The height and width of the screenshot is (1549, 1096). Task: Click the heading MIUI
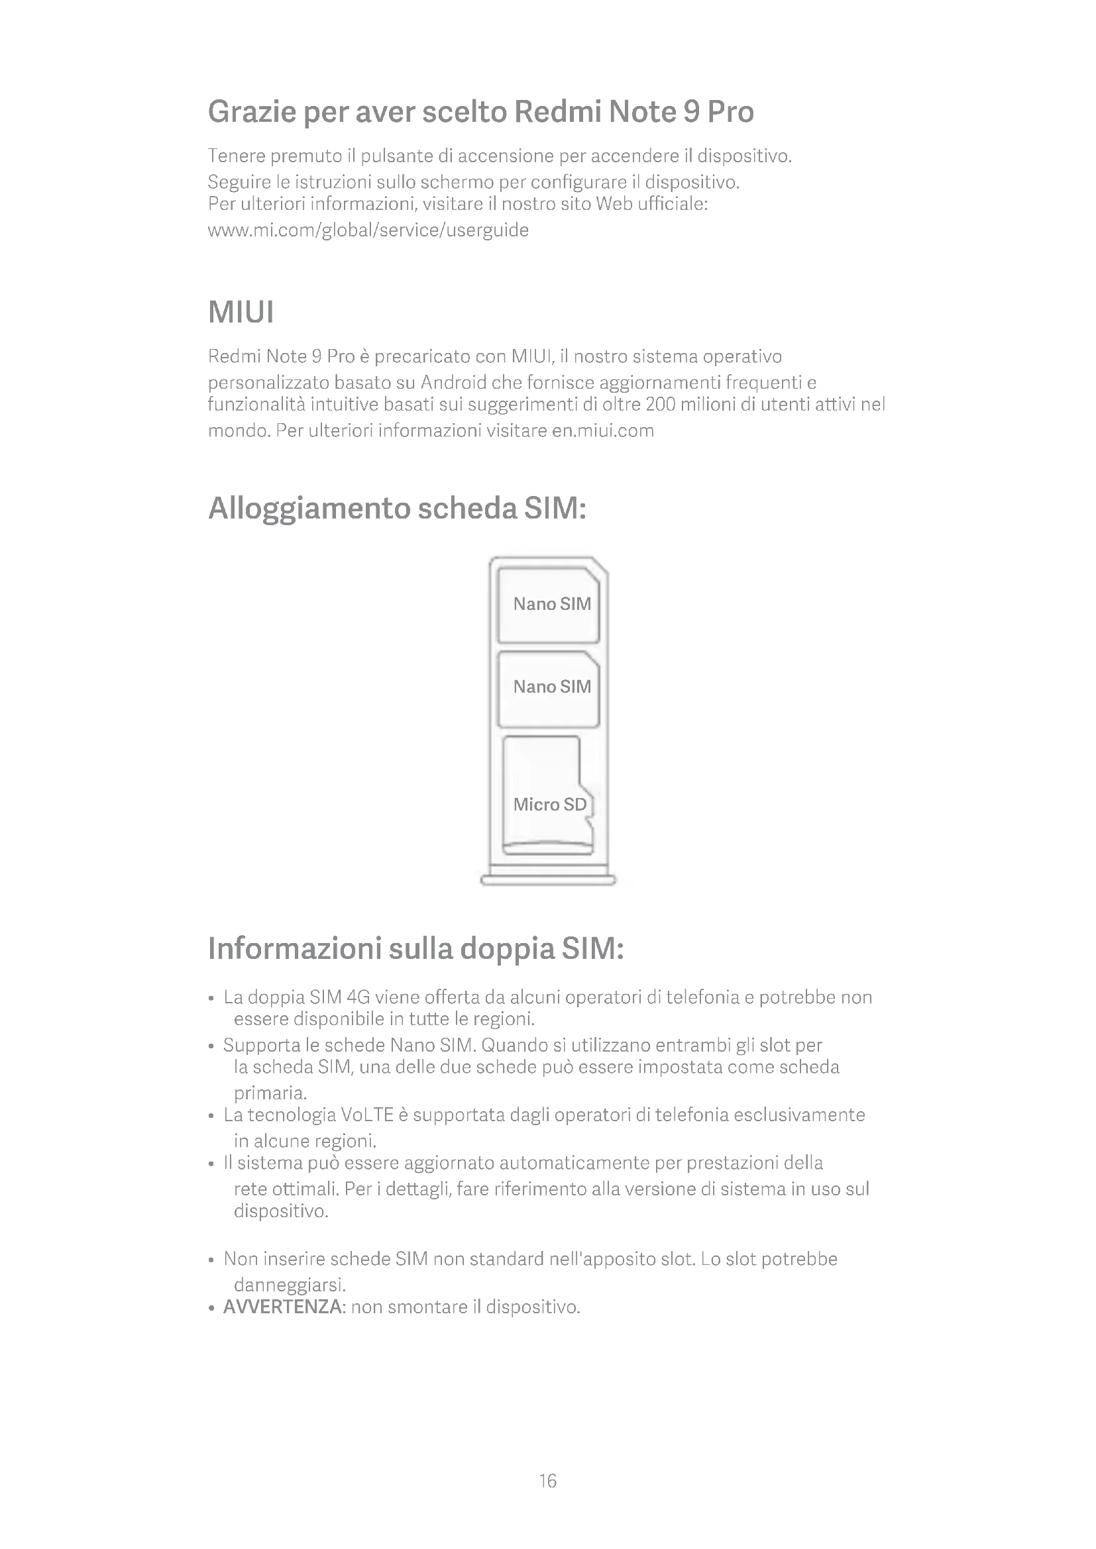point(241,313)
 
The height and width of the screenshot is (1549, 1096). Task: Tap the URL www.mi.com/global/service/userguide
point(368,230)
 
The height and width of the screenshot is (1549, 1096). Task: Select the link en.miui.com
point(602,430)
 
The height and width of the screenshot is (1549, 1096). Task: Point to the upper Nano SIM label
point(551,604)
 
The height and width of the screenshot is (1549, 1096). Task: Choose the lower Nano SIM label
point(551,687)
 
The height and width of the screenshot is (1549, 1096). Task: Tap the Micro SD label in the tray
point(549,804)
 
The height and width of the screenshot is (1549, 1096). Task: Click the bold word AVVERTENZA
point(283,1307)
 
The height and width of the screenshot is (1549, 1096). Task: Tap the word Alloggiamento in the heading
point(309,508)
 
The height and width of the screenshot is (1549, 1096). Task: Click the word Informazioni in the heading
point(294,948)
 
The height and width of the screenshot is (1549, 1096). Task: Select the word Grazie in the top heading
point(251,111)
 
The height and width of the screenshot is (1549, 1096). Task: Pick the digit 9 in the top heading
point(691,111)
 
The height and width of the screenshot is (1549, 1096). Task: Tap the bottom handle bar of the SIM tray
point(548,880)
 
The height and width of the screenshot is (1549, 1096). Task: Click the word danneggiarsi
point(290,1283)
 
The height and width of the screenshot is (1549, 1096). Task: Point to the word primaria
point(270,1092)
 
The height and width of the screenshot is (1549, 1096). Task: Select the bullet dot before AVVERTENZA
point(212,1308)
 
